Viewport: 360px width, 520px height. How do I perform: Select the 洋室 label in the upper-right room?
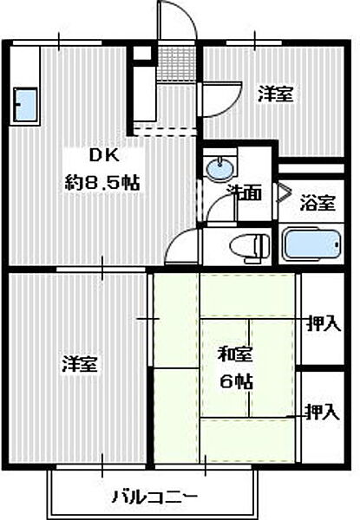tap(275, 95)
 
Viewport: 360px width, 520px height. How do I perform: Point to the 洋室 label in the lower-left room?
tap(79, 365)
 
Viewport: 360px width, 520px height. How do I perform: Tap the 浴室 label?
tap(317, 205)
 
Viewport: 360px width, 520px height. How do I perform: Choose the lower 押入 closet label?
tap(321, 412)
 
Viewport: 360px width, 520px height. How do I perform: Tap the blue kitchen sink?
tap(27, 105)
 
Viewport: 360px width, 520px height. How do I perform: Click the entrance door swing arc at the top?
tap(175, 19)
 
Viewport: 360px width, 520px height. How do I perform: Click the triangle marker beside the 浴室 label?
tap(284, 192)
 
